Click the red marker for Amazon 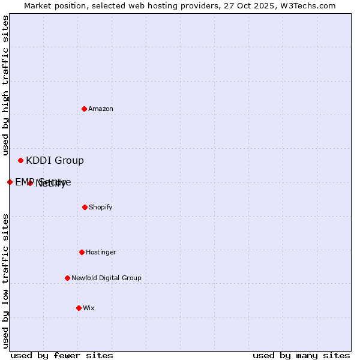click(84, 109)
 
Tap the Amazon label click(101, 109)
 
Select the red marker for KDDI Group click(20, 160)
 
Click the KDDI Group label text click(55, 161)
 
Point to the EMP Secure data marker click(10, 182)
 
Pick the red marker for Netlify click(30, 183)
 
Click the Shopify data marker click(85, 207)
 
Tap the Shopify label click(101, 208)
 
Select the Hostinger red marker click(82, 252)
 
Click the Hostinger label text click(101, 253)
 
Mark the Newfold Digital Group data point click(67, 278)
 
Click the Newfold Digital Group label click(106, 278)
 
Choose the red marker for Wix click(79, 308)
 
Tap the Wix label click(89, 308)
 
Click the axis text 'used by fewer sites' click(62, 355)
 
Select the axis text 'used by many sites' click(301, 355)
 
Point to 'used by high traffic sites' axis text click(5, 86)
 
